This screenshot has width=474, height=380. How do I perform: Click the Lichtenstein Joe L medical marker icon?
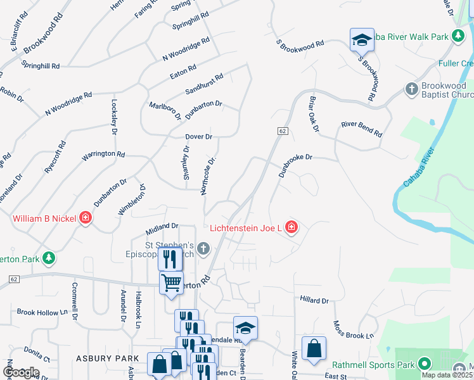pyautogui.click(x=291, y=227)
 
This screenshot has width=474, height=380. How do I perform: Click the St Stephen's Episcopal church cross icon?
pyautogui.click(x=203, y=248)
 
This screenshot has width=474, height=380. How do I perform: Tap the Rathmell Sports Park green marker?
pyautogui.click(x=424, y=364)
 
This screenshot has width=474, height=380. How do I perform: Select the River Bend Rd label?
pyautogui.click(x=362, y=129)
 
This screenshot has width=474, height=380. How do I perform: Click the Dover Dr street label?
pyautogui.click(x=198, y=136)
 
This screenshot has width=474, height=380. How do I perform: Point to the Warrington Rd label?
pyautogui.click(x=103, y=154)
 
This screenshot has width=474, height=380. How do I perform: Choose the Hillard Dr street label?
pyautogui.click(x=314, y=301)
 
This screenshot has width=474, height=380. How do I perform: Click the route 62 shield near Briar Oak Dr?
pyautogui.click(x=283, y=130)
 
